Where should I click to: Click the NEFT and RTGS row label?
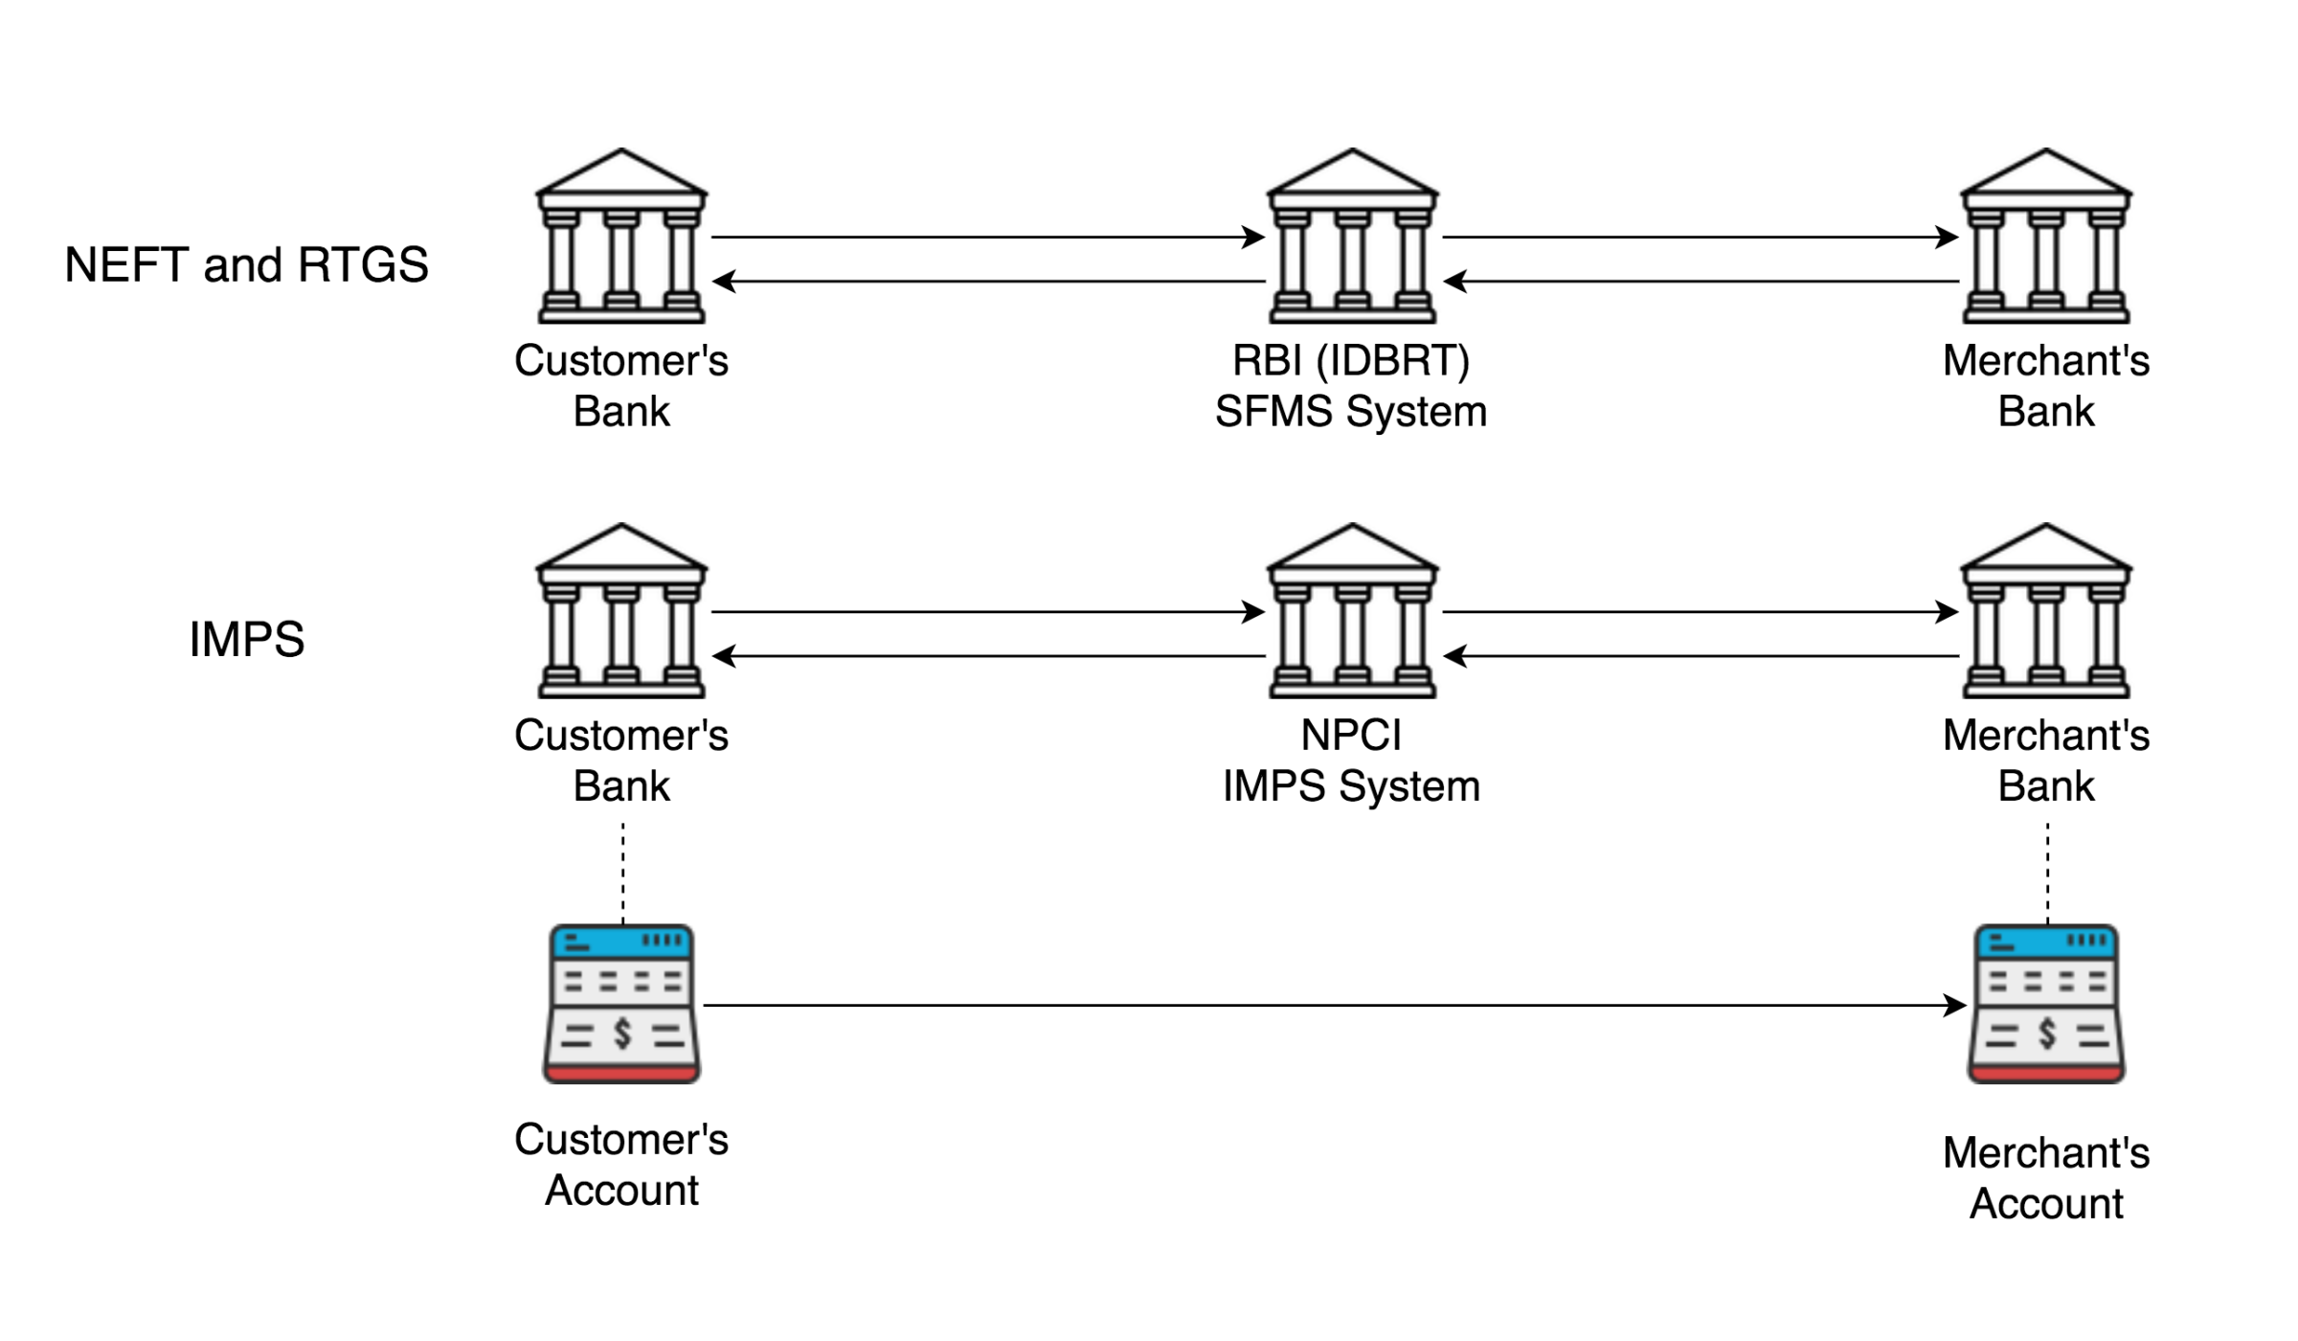point(246,264)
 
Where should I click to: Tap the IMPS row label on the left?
point(246,639)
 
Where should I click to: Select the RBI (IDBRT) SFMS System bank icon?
point(1352,237)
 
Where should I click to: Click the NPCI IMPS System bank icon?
point(1352,611)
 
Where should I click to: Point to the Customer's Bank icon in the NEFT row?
point(621,237)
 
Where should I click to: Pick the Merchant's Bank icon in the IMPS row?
point(2046,611)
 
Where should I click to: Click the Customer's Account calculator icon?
point(621,1004)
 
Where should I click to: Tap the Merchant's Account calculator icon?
point(2046,1004)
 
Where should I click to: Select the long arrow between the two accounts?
point(1331,1006)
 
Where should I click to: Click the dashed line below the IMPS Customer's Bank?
point(623,872)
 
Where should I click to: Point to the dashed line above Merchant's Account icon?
point(2048,872)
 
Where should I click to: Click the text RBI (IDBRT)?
point(1351,361)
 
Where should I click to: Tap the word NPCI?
point(1351,736)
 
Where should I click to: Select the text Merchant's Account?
point(2046,1178)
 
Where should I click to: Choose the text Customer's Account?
point(621,1165)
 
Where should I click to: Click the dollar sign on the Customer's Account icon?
point(623,1034)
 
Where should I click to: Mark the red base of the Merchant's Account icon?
point(2046,1075)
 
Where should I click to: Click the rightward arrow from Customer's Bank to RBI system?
point(986,237)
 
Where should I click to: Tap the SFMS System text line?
point(1351,412)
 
